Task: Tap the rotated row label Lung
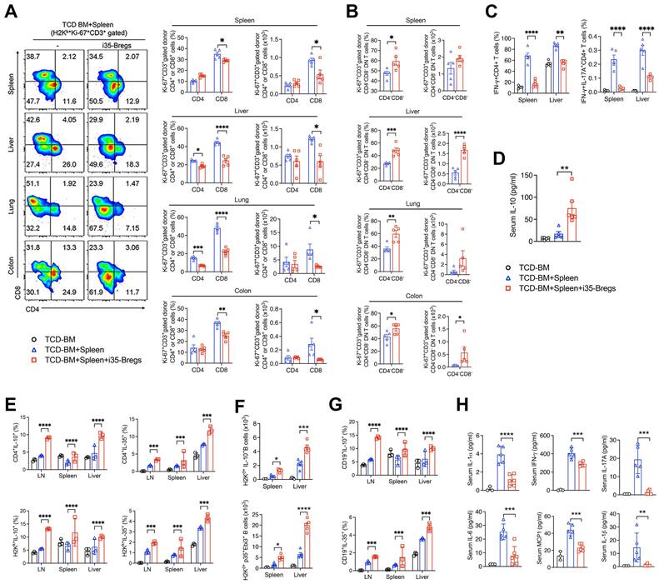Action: tap(11, 213)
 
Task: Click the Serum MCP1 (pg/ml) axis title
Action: tap(544, 517)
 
